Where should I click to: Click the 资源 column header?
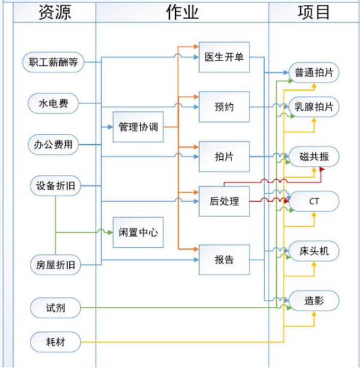tap(54, 13)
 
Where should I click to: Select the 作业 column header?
tap(182, 13)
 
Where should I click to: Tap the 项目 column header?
tap(313, 13)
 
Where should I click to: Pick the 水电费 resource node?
tap(54, 104)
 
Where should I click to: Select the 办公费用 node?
tap(54, 144)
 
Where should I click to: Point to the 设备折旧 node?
tap(54, 186)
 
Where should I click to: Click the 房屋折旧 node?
tap(54, 264)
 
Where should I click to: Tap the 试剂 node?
tap(55, 308)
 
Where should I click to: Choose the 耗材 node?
tap(55, 342)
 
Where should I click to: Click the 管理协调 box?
tap(138, 127)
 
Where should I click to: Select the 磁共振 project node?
tap(314, 157)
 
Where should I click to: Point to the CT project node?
tap(314, 201)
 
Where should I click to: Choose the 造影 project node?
tap(314, 300)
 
